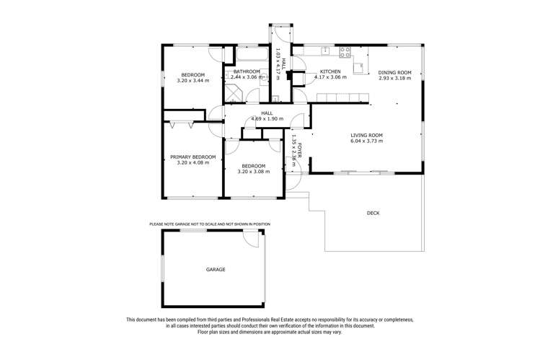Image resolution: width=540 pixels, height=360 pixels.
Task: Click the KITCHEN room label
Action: coord(330,72)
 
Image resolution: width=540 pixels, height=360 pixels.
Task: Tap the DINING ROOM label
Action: coord(394,72)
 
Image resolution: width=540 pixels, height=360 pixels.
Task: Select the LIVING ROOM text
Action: coord(366,135)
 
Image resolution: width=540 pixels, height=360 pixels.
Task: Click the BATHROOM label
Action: coord(247,72)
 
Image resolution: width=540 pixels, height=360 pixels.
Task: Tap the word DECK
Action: coord(373,213)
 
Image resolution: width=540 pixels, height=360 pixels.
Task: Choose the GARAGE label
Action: coord(216,270)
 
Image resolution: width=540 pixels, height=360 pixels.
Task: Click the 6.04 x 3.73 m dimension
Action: coord(366,141)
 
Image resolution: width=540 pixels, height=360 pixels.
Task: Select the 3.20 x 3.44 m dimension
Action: coord(192,81)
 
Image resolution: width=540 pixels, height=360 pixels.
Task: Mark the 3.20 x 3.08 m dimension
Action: coord(253,172)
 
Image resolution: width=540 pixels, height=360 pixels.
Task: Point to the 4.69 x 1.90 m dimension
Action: coord(267,119)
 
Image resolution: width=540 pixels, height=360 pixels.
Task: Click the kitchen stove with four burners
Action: coord(345,51)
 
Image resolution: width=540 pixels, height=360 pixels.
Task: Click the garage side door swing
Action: coord(252,240)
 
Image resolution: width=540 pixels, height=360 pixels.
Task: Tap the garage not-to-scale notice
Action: coord(210,224)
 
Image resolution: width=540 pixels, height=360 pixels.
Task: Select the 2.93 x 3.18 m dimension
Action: coord(394,79)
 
